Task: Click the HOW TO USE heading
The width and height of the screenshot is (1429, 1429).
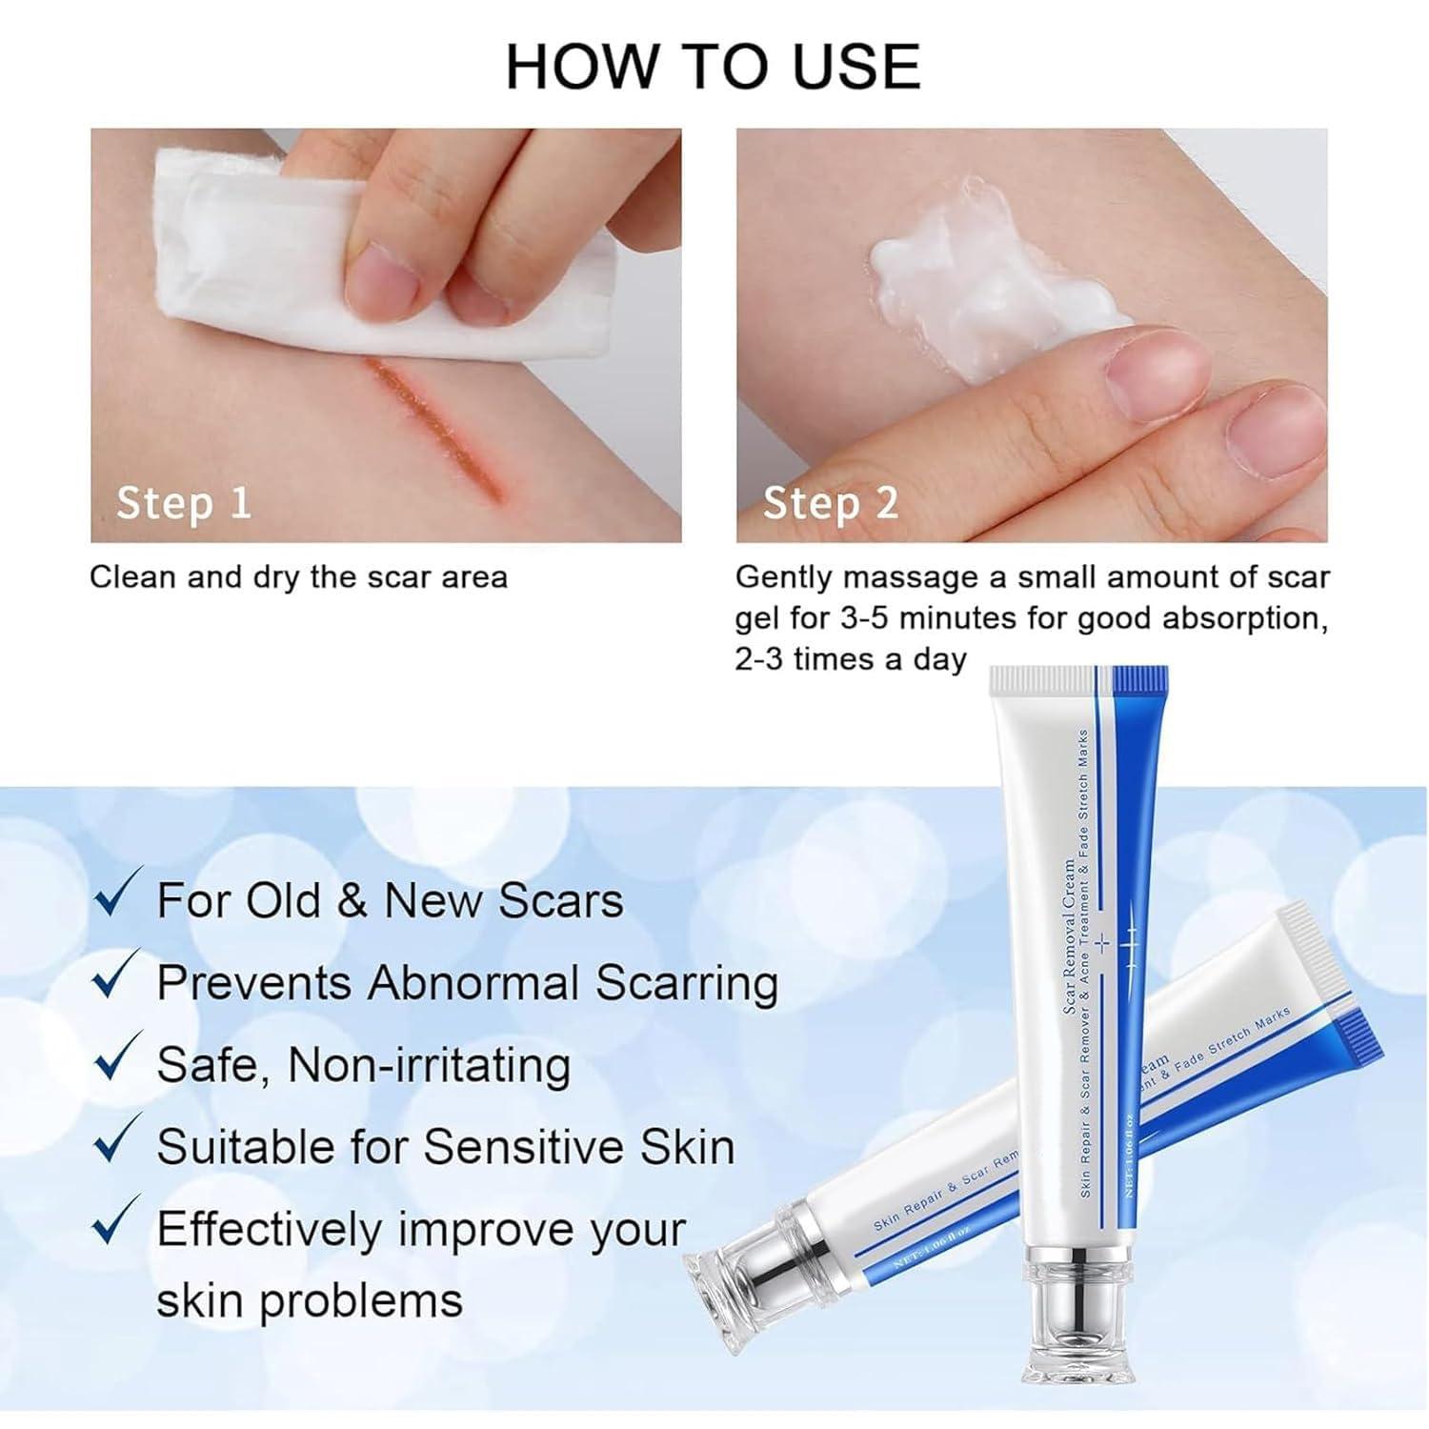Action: [713, 66]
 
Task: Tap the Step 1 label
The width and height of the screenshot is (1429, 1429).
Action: [183, 502]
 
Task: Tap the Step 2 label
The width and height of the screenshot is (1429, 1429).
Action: [830, 502]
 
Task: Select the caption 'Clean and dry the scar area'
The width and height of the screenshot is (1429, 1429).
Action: [298, 577]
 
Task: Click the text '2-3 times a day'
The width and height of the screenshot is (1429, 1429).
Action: [851, 659]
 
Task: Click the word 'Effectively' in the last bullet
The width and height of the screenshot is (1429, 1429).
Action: [268, 1229]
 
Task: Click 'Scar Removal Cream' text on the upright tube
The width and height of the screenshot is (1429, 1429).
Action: [1069, 938]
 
